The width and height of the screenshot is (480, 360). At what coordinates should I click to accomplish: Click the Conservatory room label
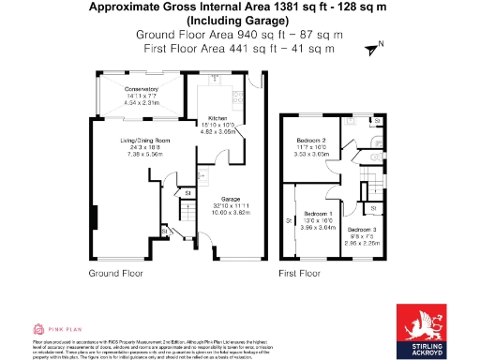point(142,89)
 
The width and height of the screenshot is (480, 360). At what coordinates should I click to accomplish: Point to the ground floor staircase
point(184,225)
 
